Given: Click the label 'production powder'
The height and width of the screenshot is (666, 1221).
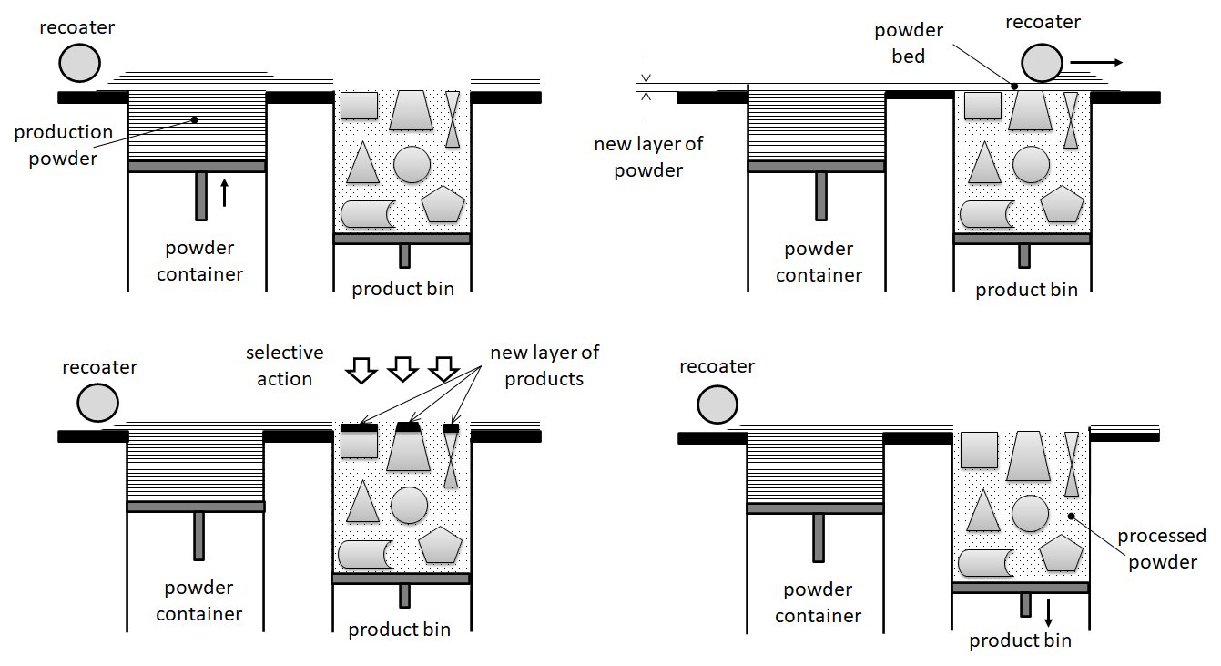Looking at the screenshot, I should (64, 144).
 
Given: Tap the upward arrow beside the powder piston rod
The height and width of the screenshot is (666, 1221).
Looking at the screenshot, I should (225, 193).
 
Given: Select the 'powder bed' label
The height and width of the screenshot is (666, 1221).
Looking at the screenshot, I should (909, 43).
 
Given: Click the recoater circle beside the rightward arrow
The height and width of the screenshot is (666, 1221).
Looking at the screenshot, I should (1042, 64).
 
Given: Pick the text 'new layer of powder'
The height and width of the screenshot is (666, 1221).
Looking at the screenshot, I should (648, 157).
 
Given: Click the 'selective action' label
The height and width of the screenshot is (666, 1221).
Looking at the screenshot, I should (284, 364).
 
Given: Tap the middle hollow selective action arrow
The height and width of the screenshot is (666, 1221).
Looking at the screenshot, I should (403, 369).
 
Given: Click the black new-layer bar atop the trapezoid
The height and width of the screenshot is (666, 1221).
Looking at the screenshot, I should (408, 425).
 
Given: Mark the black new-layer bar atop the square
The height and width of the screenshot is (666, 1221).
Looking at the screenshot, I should (358, 425).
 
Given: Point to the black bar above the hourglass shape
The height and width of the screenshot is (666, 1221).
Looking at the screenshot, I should (451, 426).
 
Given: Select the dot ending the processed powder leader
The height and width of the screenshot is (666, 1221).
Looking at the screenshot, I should (1072, 516).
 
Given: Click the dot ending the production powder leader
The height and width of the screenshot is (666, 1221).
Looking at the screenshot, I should (194, 119).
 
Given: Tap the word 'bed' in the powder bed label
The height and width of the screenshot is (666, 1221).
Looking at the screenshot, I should (909, 56).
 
